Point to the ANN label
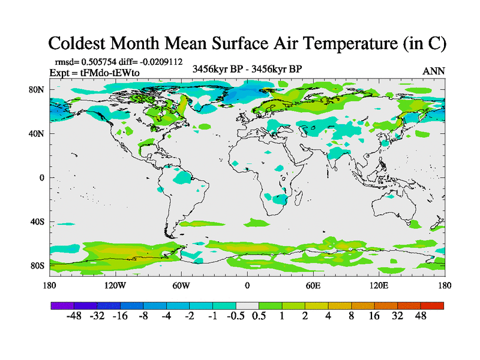click(433, 71)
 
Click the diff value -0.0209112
click(158, 62)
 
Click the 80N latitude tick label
click(37, 90)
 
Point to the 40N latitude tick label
click(37, 134)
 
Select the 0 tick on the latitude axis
click(42, 178)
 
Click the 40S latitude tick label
click(37, 223)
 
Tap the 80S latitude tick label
click(37, 266)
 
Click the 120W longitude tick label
click(115, 285)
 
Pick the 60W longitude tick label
click(181, 285)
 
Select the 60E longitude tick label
click(313, 285)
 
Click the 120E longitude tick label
click(379, 285)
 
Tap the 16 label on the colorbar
click(374, 316)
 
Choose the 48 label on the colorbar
click(420, 316)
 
